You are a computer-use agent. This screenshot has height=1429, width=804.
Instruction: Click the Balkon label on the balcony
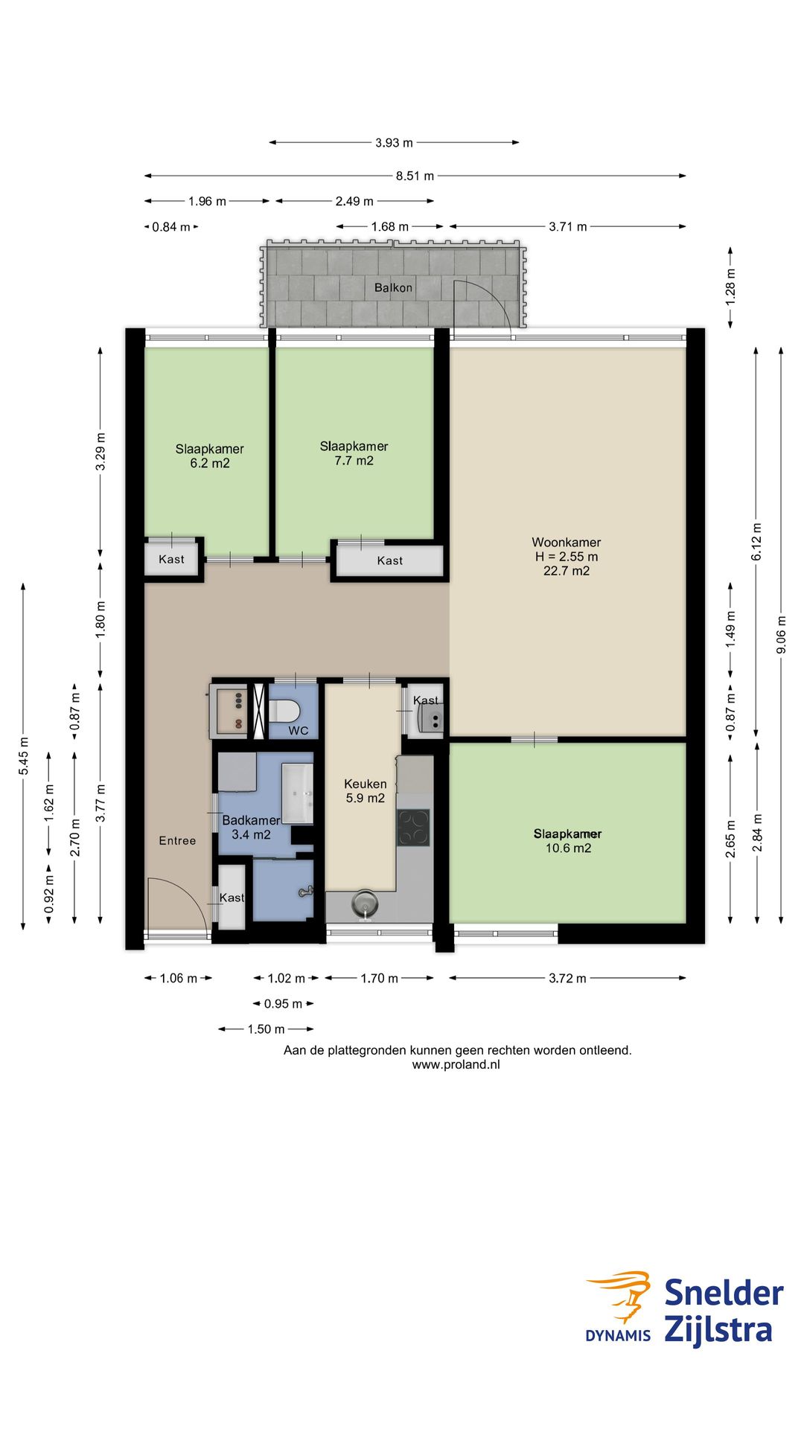pyautogui.click(x=393, y=287)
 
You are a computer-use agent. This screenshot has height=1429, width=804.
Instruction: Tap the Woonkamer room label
pyautogui.click(x=566, y=543)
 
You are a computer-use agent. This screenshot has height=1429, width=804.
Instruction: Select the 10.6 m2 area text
pyautogui.click(x=568, y=848)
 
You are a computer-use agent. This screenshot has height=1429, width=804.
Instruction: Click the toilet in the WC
pyautogui.click(x=284, y=711)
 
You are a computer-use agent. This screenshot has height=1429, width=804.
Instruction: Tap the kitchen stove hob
pyautogui.click(x=413, y=828)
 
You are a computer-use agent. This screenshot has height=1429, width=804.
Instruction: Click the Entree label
pyautogui.click(x=177, y=841)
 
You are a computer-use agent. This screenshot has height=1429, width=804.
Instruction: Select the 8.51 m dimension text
pyautogui.click(x=415, y=176)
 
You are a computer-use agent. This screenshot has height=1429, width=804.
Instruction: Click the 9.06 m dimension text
pyautogui.click(x=781, y=635)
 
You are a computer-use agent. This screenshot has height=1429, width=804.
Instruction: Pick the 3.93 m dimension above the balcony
pyautogui.click(x=394, y=143)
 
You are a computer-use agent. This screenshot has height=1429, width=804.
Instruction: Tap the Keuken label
pyautogui.click(x=366, y=784)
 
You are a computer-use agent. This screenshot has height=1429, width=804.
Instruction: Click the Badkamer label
pyautogui.click(x=251, y=820)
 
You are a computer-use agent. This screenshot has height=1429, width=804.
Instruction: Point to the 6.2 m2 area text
pyautogui.click(x=210, y=463)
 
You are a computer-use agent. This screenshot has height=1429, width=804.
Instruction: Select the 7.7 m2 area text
pyautogui.click(x=354, y=461)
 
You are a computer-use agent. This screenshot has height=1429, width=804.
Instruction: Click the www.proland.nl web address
pyautogui.click(x=456, y=1064)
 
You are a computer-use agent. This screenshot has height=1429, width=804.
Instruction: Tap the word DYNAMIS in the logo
pyautogui.click(x=618, y=1335)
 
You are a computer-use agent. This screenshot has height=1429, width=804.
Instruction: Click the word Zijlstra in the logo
pyautogui.click(x=718, y=1330)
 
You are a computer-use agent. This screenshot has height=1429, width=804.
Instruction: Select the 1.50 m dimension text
pyautogui.click(x=267, y=1029)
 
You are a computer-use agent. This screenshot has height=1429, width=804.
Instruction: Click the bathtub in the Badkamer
pyautogui.click(x=297, y=793)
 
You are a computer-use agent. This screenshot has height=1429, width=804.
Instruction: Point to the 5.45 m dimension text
pyautogui.click(x=24, y=755)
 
